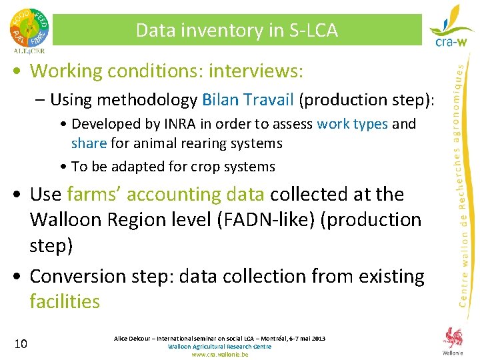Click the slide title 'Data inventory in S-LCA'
[237, 30]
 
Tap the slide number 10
[21, 344]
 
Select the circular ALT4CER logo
[29, 29]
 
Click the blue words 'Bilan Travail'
[247, 100]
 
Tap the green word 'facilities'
[65, 301]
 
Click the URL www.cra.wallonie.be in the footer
[220, 355]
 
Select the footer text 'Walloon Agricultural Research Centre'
[220, 347]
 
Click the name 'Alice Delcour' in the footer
[133, 339]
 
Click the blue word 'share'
[89, 143]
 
